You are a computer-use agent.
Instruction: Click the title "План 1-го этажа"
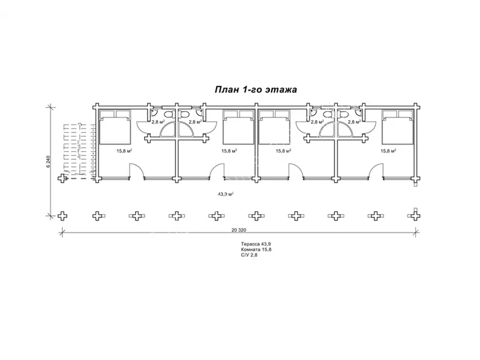tap(256, 89)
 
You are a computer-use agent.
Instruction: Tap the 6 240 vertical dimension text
tap(49, 161)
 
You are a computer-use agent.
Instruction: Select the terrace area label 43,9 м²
tap(226, 194)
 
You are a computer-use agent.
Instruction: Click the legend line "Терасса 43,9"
tap(256, 244)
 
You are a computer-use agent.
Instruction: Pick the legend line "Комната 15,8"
tap(256, 250)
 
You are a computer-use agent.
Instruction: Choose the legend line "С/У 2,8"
tap(249, 254)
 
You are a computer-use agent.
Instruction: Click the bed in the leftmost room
tap(115, 127)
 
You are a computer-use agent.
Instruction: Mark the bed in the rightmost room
tap(398, 127)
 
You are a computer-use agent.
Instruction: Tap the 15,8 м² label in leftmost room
tap(124, 151)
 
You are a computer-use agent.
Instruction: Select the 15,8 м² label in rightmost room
tap(388, 151)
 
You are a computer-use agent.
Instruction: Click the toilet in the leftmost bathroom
tap(169, 115)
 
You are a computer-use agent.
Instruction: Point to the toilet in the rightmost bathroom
tap(344, 115)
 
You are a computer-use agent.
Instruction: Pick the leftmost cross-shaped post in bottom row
tap(63, 215)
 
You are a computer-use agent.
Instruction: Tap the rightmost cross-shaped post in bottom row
tap(415, 215)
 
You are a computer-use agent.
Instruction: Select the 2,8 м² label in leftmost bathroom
tap(158, 122)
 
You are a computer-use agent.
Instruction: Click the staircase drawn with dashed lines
tap(80, 150)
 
